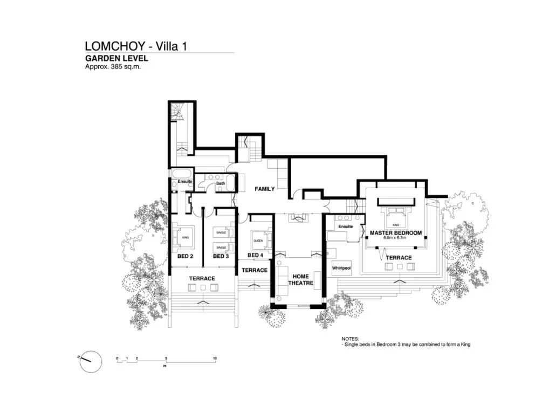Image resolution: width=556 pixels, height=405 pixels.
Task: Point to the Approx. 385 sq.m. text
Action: pos(113,67)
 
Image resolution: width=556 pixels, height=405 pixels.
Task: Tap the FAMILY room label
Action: pos(265,189)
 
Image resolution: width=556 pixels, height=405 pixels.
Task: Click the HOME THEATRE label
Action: pos(300,280)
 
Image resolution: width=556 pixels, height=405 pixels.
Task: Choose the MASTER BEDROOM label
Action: pos(395,234)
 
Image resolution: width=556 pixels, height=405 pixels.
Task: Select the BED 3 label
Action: pos(221,256)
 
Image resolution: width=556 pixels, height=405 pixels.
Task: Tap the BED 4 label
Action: pos(255,255)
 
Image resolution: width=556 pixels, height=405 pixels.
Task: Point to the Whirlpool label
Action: pos(342,268)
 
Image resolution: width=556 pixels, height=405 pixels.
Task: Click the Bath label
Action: pos(220,183)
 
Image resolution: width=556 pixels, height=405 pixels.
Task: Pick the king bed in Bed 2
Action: pos(184,236)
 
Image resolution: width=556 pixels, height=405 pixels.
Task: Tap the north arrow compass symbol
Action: pos(91,361)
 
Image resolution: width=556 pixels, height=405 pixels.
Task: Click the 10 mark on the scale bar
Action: pos(215,359)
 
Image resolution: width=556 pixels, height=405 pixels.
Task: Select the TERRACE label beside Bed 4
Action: pos(255,270)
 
